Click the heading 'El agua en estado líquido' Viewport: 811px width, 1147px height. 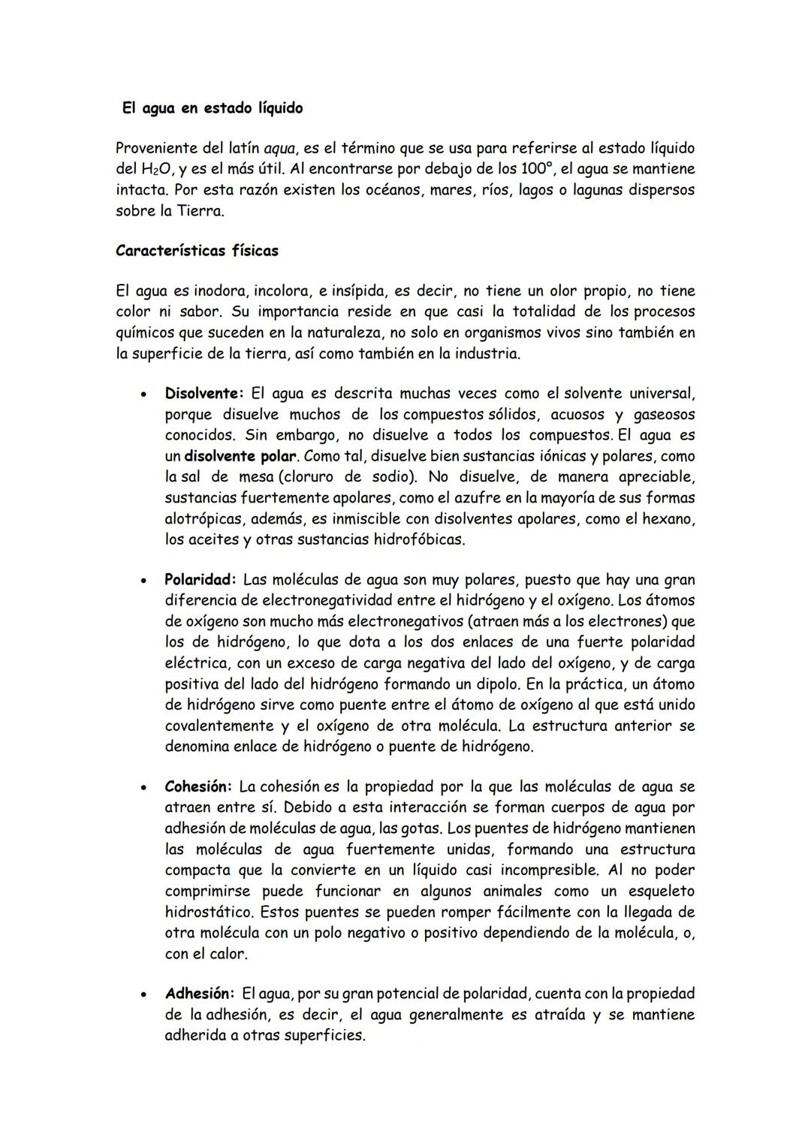point(213,108)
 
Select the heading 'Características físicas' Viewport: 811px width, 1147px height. point(197,251)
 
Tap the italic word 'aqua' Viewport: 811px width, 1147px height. point(279,148)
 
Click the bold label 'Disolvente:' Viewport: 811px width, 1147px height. point(204,394)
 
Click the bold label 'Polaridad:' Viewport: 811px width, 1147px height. point(200,580)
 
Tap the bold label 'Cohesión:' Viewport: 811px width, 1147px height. point(198,787)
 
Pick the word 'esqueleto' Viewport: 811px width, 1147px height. point(661,891)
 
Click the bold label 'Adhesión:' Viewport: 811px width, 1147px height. point(200,994)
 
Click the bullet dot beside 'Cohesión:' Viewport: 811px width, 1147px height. point(140,789)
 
